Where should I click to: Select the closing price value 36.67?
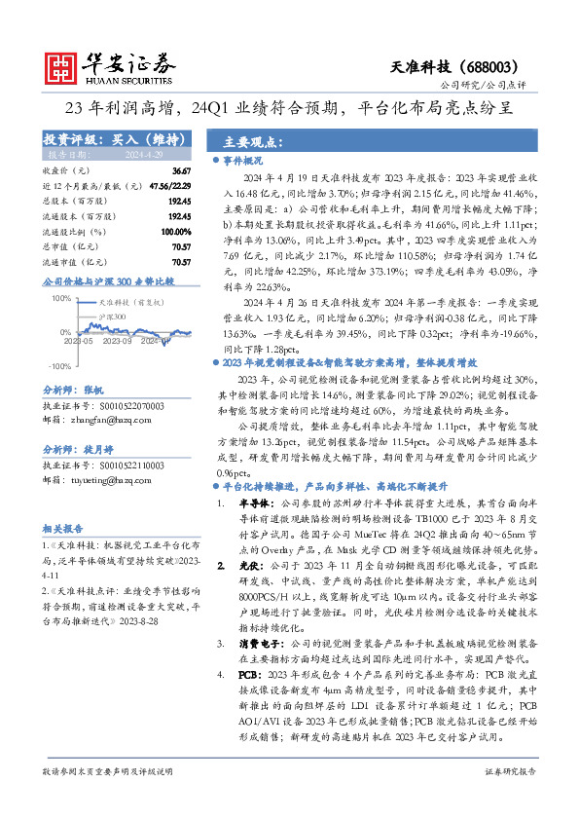pyautogui.click(x=181, y=170)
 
